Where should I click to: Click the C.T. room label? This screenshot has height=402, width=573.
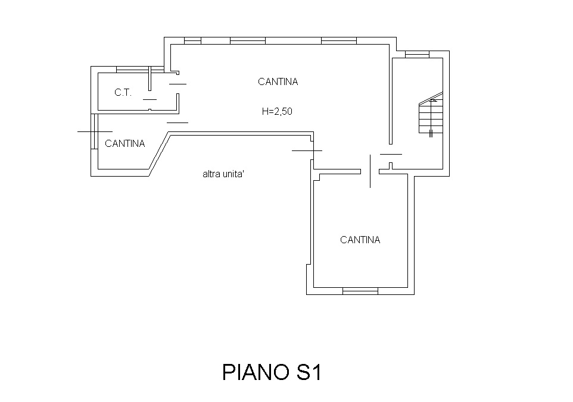(x=123, y=93)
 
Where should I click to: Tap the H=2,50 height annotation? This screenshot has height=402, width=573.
(x=277, y=111)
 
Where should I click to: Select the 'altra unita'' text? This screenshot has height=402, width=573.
(x=223, y=174)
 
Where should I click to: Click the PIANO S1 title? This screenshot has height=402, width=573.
(x=272, y=372)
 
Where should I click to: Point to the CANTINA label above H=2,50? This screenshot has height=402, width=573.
(x=278, y=81)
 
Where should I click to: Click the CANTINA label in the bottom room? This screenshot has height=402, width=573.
(x=360, y=240)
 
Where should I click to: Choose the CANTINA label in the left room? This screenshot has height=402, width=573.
(x=125, y=143)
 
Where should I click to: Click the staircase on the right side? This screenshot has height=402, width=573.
(x=431, y=114)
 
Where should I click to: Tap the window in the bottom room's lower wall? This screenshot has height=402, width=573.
(x=360, y=291)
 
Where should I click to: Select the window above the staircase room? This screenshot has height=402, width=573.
(x=417, y=54)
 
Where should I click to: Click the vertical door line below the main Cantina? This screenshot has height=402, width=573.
(x=370, y=171)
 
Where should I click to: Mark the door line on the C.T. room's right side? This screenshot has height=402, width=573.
(x=178, y=84)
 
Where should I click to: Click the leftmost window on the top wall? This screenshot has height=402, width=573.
(x=192, y=40)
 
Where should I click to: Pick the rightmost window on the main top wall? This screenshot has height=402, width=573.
(x=339, y=40)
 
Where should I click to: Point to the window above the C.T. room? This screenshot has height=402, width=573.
(x=140, y=70)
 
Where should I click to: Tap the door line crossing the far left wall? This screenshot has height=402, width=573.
(x=95, y=131)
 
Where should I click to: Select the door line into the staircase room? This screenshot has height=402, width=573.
(x=391, y=154)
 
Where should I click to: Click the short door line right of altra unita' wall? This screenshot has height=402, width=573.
(x=307, y=150)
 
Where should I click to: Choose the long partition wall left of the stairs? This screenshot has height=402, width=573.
(x=391, y=100)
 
